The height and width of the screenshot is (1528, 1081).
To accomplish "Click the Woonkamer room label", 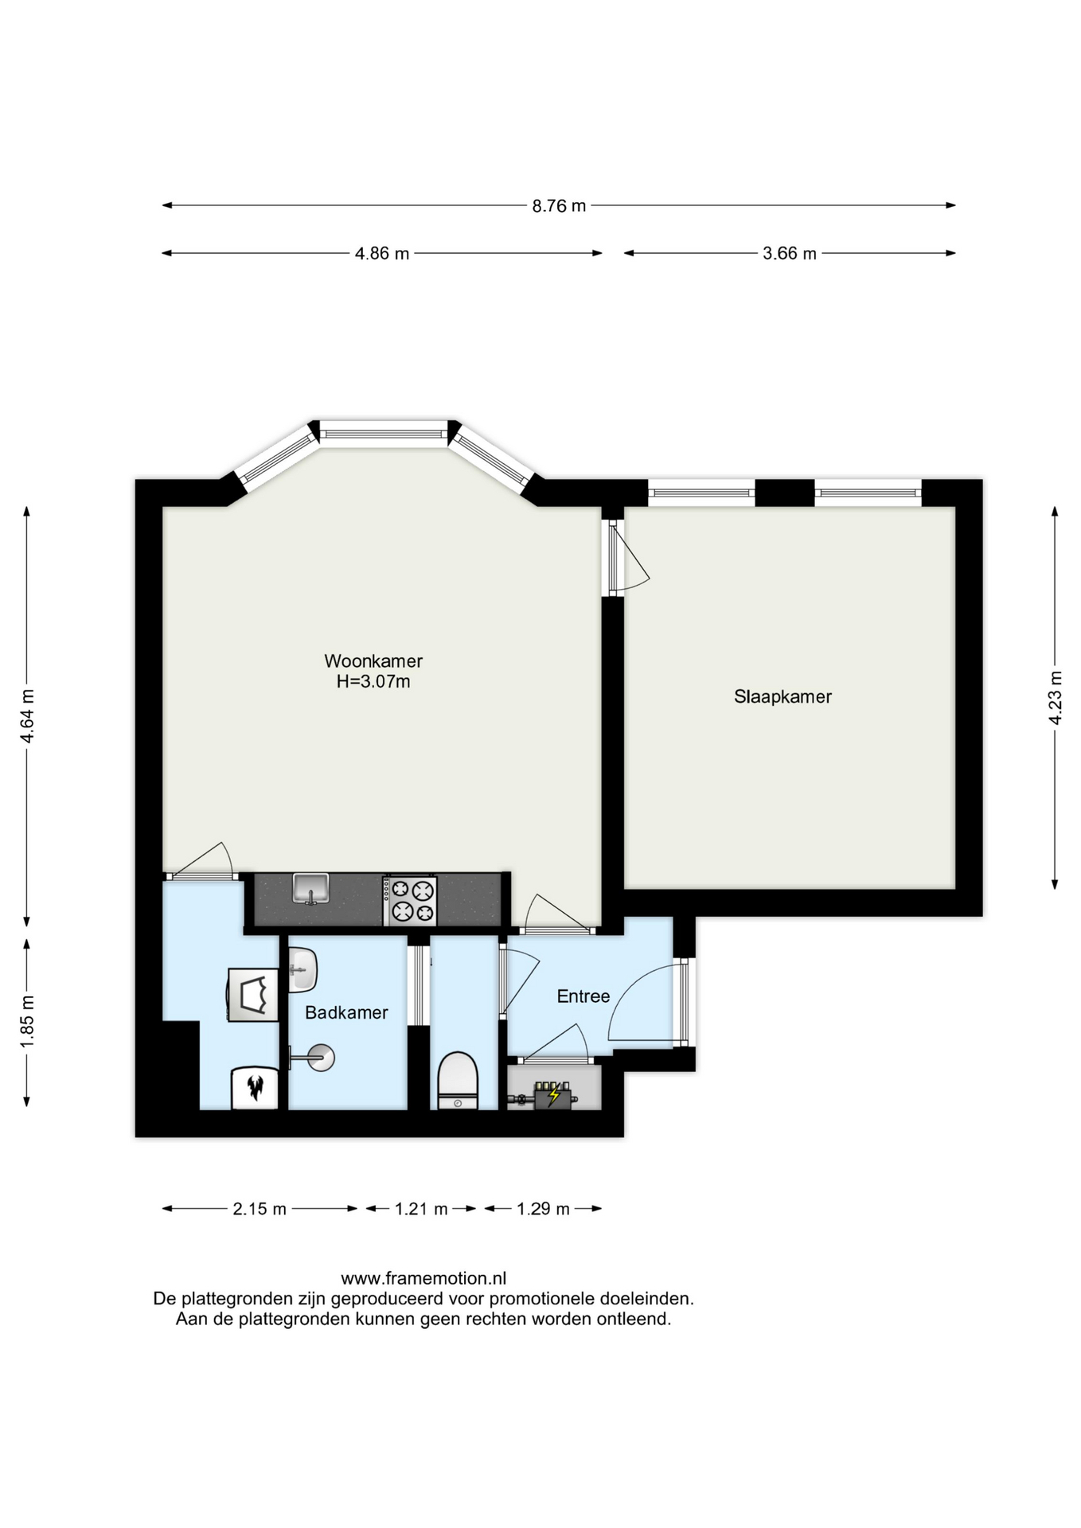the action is (373, 661).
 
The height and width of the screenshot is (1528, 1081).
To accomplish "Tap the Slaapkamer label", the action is (782, 697).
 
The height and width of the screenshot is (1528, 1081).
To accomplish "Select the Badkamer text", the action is (346, 1012).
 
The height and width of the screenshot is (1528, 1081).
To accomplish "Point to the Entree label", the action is (583, 996).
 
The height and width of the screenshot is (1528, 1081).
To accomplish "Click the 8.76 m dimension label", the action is (559, 206).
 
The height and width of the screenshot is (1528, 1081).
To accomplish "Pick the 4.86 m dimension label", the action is (382, 254).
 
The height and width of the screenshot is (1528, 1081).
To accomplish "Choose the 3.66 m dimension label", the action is (790, 254).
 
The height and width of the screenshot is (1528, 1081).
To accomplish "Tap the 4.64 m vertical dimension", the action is (27, 715).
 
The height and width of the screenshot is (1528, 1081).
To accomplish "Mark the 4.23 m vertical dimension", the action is (1056, 698).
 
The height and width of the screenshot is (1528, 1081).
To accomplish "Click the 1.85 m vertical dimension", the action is (27, 1021).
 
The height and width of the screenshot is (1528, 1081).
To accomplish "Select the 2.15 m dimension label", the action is (260, 1210).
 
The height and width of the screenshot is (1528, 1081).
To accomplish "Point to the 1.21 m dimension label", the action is (421, 1210).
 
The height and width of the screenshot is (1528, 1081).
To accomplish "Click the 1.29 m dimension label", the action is (543, 1210).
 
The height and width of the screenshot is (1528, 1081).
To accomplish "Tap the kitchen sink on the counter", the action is (310, 889).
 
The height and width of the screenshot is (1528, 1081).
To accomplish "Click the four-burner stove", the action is (410, 901).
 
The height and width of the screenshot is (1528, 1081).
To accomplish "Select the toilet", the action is (458, 1080).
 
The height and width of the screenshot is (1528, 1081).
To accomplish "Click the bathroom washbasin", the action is (302, 970).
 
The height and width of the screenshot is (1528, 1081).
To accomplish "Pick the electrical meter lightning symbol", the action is (554, 1097).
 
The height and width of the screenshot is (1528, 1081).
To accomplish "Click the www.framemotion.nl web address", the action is (423, 1279).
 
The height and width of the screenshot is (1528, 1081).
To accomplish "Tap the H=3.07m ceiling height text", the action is (373, 682).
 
